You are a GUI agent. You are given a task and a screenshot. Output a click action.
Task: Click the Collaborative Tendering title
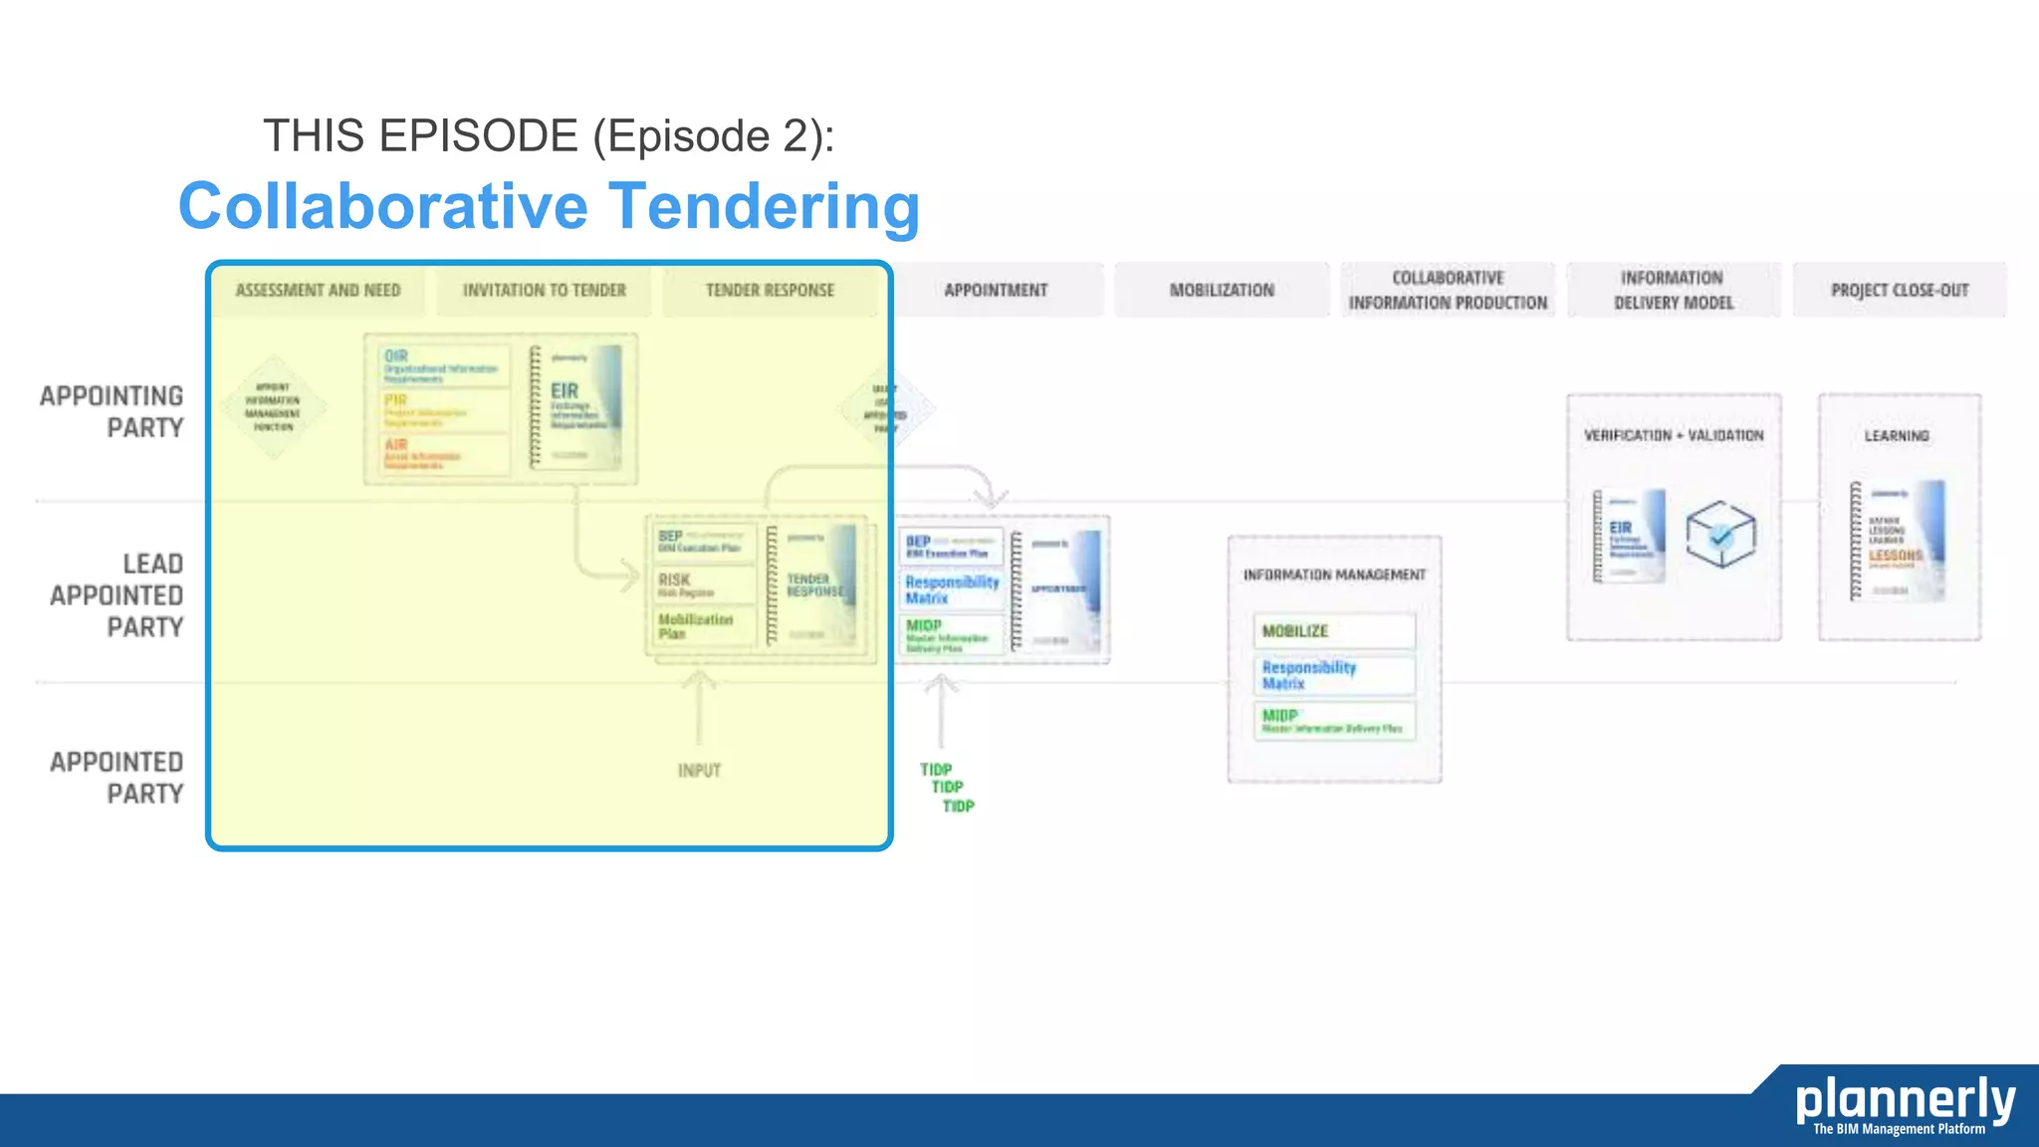549,206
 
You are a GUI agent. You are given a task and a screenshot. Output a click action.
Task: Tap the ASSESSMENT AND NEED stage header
318,290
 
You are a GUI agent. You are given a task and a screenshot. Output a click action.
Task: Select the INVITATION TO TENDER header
544,290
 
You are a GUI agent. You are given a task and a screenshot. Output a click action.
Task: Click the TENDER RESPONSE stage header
770,290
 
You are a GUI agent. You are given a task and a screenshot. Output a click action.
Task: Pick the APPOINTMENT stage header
996,290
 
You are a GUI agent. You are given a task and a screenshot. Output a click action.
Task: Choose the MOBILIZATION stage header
1222,290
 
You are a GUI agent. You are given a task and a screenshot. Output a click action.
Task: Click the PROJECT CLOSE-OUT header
1900,290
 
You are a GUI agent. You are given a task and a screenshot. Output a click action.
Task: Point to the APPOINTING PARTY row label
112,411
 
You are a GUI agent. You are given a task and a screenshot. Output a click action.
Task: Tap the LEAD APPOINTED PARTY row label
116,594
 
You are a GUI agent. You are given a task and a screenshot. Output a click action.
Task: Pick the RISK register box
702,584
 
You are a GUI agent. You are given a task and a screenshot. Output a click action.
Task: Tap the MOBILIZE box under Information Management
1332,631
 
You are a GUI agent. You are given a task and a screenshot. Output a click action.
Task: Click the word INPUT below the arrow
699,770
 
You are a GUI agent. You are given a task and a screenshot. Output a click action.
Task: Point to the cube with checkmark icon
1719,535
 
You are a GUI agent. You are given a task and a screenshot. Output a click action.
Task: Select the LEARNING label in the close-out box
1897,436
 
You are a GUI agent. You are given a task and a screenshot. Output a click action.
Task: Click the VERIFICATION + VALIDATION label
1674,435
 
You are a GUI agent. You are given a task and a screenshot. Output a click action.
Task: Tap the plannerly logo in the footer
1904,1103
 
